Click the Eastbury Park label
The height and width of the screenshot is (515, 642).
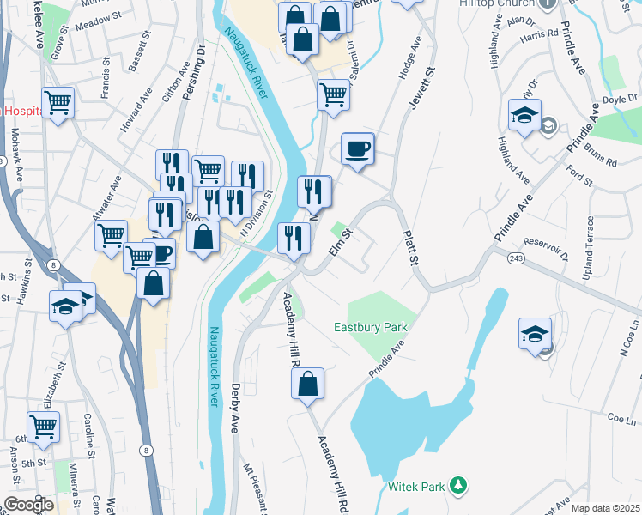(370, 327)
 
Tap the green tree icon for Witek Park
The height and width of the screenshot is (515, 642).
(458, 487)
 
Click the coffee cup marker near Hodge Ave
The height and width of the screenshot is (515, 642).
(357, 149)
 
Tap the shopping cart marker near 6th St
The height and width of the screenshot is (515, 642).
(42, 427)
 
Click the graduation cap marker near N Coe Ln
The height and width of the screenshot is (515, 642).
(535, 334)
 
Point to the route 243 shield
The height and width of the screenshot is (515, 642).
(516, 258)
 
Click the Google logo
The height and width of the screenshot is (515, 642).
(27, 505)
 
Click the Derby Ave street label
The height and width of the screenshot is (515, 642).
(235, 408)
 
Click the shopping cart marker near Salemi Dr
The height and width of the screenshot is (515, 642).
(333, 94)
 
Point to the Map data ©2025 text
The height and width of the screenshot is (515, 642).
(605, 508)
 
